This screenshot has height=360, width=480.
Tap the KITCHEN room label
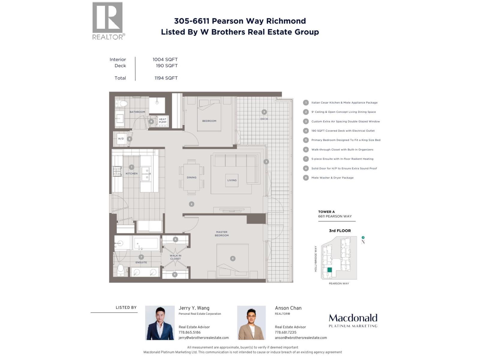tap(131, 173)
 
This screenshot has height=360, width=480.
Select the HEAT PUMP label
tap(162, 121)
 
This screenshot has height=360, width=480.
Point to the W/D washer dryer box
tap(121, 139)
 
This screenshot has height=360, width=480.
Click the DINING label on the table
tap(191, 177)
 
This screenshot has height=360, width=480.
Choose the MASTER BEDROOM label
tap(222, 234)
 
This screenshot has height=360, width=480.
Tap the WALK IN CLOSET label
tap(175, 257)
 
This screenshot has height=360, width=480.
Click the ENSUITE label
tap(141, 262)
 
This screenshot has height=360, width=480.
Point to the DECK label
tap(264, 119)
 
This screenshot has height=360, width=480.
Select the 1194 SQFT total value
tap(166, 78)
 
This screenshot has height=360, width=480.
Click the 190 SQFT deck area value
tap(166, 66)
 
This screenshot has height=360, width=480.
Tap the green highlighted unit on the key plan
tap(329, 270)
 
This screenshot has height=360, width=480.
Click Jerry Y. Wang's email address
tap(203, 338)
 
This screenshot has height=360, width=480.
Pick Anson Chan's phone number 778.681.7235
tap(285, 332)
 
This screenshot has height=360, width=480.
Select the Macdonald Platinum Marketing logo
tap(353, 320)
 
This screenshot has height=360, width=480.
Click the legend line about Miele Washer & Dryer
tap(332, 178)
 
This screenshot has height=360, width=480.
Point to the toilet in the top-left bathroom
tap(122, 104)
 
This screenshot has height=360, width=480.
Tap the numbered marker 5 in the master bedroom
tap(232, 258)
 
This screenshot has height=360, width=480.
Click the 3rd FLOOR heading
tap(340, 231)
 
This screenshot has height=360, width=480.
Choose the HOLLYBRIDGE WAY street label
tap(316, 259)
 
